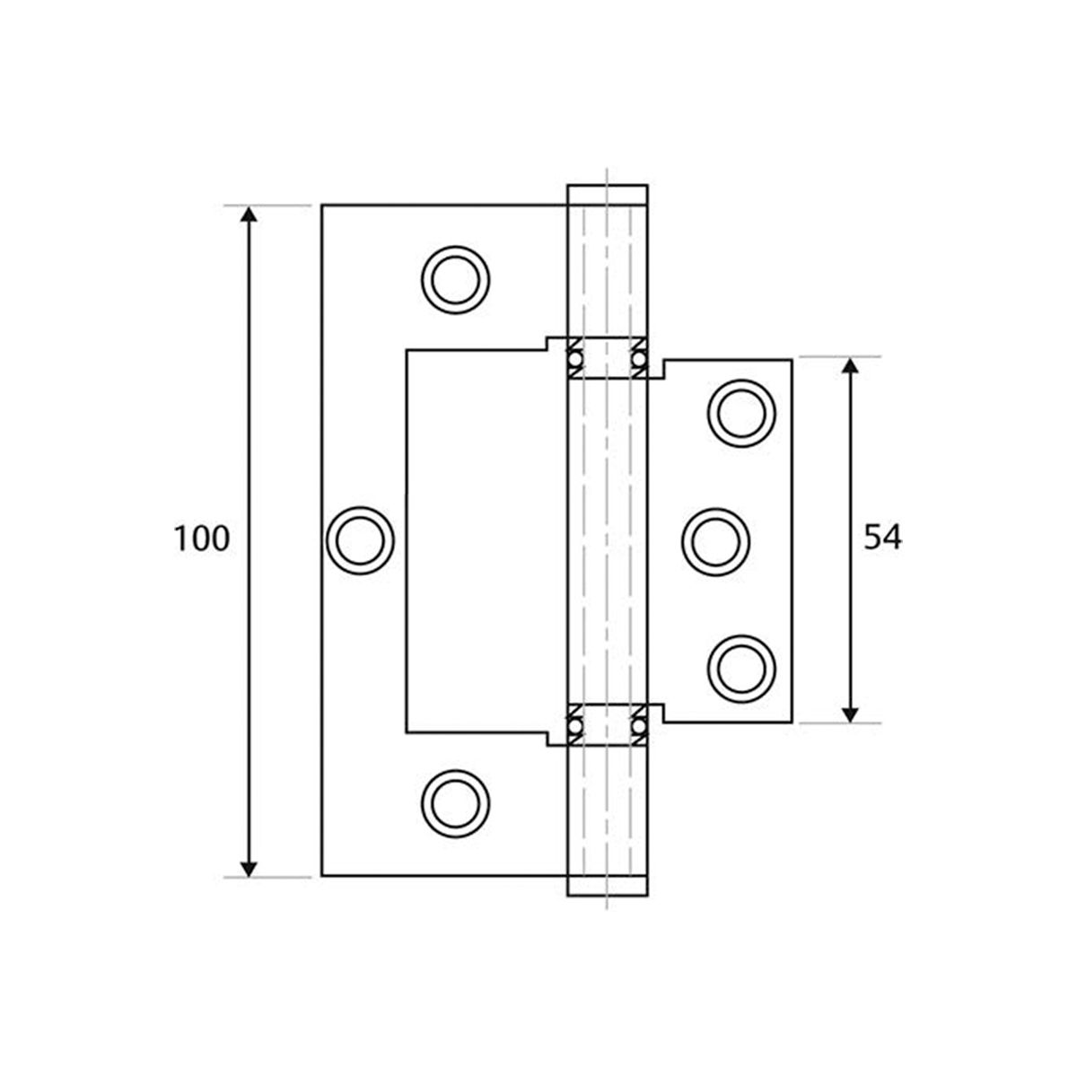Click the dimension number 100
202,538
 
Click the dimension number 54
882,538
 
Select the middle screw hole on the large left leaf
359,539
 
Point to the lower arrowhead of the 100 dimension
250,867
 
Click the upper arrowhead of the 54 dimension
850,365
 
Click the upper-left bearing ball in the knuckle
574,359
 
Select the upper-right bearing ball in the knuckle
639,359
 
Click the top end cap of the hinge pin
607,195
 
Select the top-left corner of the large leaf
322,206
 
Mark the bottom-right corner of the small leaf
792,721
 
